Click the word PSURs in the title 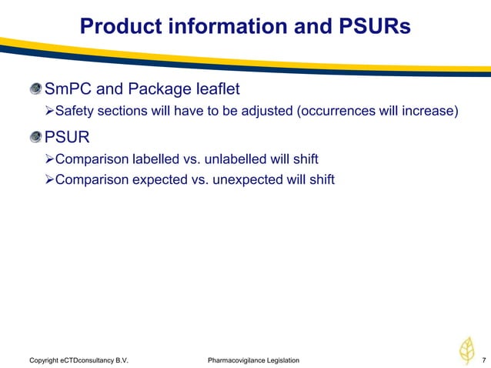click(372, 27)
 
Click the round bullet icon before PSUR click(35, 139)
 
